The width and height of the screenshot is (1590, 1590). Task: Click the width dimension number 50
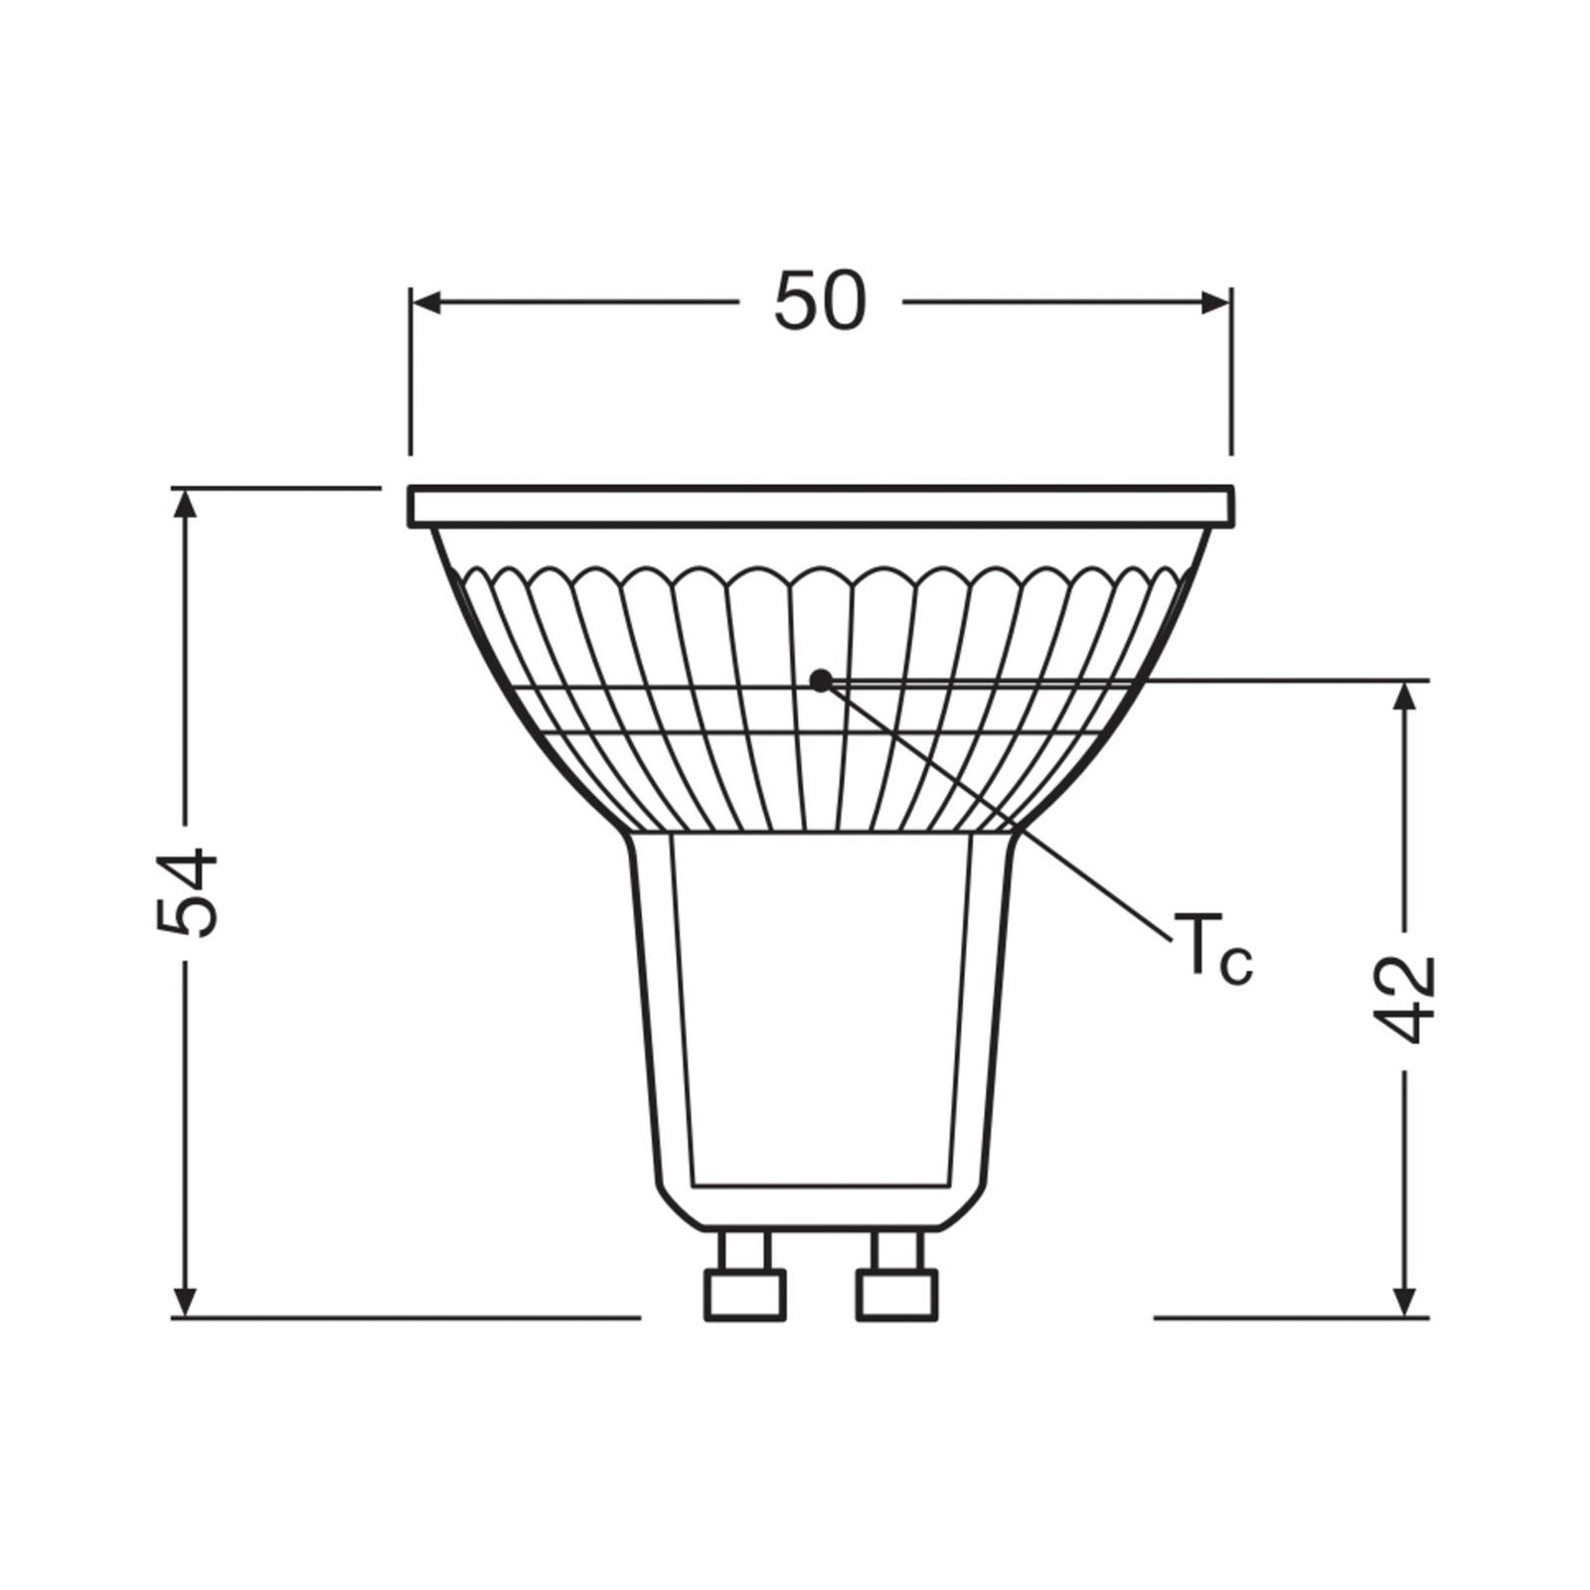(x=820, y=302)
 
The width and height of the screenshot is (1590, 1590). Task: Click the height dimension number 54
(x=187, y=891)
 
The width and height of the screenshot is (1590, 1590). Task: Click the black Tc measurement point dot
(x=820, y=681)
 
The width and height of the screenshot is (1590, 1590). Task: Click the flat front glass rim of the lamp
(x=821, y=506)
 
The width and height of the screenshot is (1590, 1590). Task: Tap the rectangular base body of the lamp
(x=821, y=1014)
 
